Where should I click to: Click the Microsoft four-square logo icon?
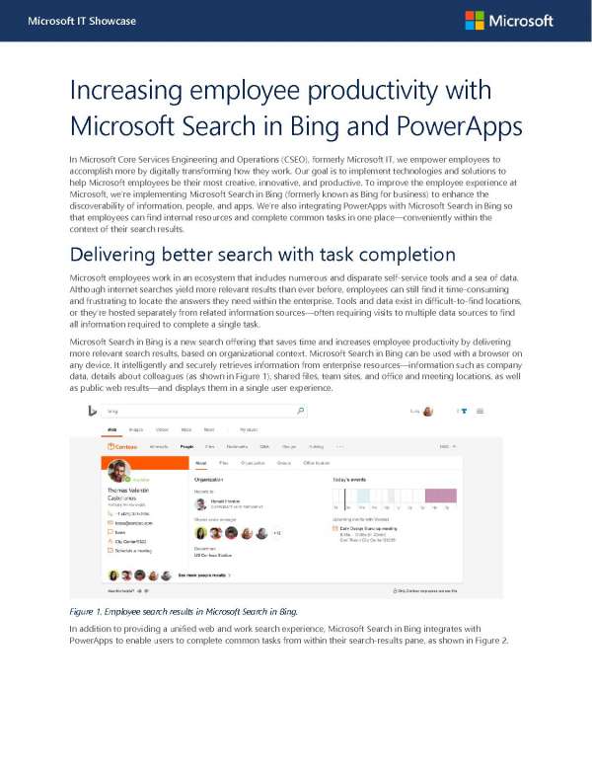pyautogui.click(x=475, y=21)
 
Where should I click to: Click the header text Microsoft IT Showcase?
pyautogui.click(x=68, y=21)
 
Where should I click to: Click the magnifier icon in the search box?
pyautogui.click(x=300, y=410)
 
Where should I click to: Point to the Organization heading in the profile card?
pyautogui.click(x=212, y=478)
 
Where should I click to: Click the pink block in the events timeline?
pyautogui.click(x=440, y=497)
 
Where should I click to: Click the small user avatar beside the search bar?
pyautogui.click(x=427, y=410)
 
